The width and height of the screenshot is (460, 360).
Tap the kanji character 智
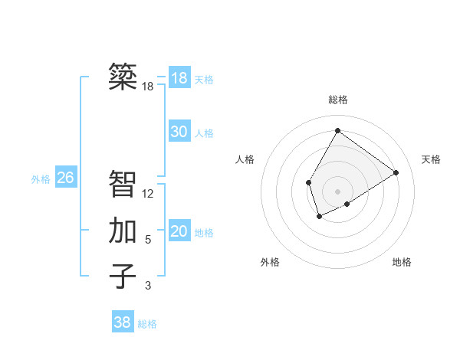click(x=123, y=184)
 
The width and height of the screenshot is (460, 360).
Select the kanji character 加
click(x=123, y=231)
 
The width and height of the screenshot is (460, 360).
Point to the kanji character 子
click(x=123, y=276)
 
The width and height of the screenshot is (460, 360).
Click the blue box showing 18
click(x=179, y=78)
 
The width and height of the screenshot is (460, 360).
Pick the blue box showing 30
click(x=179, y=132)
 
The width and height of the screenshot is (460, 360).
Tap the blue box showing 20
click(x=179, y=231)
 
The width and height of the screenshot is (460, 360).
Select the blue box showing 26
click(x=66, y=178)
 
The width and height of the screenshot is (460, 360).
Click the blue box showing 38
click(x=123, y=322)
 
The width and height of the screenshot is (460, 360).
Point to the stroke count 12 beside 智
click(x=148, y=194)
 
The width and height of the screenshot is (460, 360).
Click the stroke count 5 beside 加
click(x=148, y=240)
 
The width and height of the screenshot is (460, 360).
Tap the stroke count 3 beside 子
click(x=148, y=286)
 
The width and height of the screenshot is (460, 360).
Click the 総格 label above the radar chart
click(x=337, y=100)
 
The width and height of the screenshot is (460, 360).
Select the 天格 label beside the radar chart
click(x=431, y=159)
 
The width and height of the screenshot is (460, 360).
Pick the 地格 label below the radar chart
click(x=402, y=262)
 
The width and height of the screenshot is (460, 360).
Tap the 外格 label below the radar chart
click(x=270, y=262)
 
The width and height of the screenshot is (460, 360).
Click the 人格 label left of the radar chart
click(x=245, y=159)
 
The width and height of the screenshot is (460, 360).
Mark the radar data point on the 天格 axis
click(x=396, y=172)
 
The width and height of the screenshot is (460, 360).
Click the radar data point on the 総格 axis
click(x=337, y=130)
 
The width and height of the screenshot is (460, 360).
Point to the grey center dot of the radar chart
click(x=337, y=191)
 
